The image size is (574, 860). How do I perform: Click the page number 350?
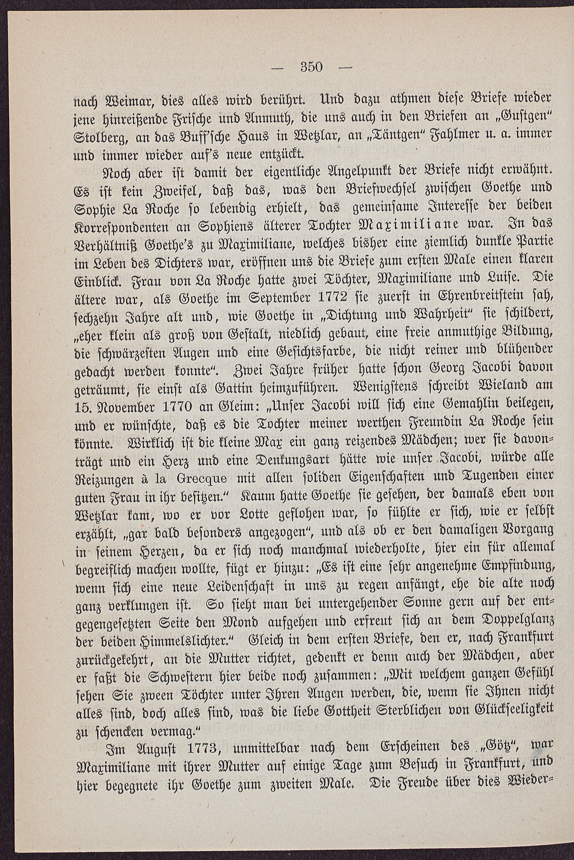point(311,67)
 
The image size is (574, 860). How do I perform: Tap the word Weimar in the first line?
point(109,100)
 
